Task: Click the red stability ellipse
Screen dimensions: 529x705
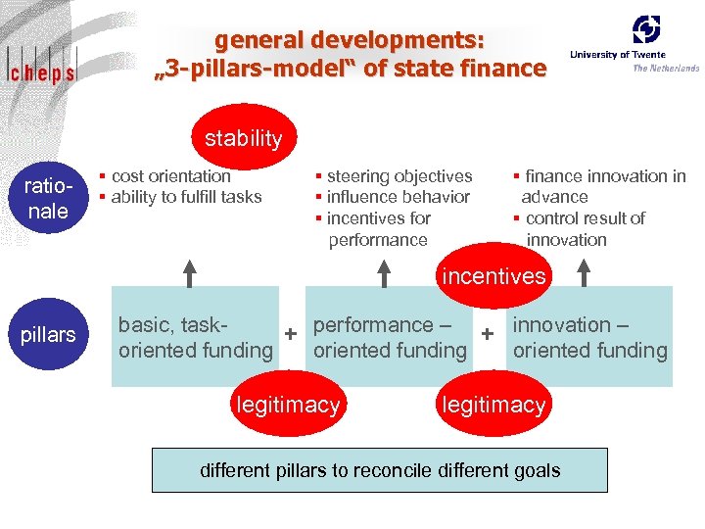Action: (243, 137)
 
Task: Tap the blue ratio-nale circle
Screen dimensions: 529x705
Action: (48, 198)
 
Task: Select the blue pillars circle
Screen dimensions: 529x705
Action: (48, 335)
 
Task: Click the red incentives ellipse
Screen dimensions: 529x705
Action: (493, 275)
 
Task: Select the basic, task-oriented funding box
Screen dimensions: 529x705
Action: (195, 336)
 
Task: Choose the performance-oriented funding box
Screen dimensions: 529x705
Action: (390, 336)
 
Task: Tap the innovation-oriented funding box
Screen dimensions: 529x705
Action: (589, 336)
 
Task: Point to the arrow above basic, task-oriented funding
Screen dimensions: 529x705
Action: (190, 268)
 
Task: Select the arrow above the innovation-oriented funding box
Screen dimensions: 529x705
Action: (585, 268)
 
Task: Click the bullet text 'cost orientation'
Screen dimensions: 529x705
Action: (170, 176)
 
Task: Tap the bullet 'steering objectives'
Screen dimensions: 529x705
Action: (399, 176)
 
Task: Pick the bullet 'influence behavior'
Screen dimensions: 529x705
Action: (398, 197)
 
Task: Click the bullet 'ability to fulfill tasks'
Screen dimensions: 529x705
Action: (186, 197)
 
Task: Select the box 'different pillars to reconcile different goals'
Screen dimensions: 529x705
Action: (380, 470)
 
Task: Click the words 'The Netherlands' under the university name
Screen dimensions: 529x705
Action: (666, 69)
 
